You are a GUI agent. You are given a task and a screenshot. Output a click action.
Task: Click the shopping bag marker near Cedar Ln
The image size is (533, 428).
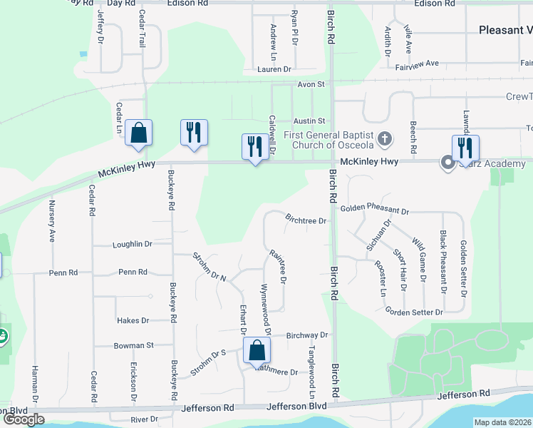tap(138, 133)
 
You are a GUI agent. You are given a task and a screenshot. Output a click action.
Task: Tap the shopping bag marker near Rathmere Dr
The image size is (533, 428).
tap(256, 351)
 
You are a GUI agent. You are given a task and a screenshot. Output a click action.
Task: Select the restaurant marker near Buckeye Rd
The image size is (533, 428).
tap(194, 133)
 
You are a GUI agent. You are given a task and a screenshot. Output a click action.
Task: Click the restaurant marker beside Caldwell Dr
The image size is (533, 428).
tap(254, 148)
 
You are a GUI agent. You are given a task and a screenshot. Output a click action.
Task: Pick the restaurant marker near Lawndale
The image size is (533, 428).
tap(465, 148)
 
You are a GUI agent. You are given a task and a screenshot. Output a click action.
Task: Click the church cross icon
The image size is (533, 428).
tap(385, 138)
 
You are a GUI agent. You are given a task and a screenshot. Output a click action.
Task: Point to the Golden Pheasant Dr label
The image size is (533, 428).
tap(374, 210)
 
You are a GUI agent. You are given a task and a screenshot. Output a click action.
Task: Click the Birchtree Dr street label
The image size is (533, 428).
tap(306, 221)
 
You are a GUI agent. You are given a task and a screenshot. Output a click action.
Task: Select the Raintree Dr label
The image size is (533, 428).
tap(278, 265)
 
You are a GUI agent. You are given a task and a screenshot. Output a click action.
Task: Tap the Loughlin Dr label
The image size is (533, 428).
tap(133, 244)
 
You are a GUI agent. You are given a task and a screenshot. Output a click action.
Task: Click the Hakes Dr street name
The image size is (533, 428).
tap(133, 321)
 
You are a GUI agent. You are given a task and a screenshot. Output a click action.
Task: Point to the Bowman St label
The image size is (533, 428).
tap(134, 345)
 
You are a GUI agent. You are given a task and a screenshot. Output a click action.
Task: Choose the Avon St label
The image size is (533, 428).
tap(311, 84)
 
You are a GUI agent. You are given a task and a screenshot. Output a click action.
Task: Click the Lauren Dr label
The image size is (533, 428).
tap(274, 69)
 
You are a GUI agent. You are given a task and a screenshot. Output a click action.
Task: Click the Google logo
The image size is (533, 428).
tap(24, 419)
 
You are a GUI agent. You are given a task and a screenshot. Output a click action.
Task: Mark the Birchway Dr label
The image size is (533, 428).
tap(306, 335)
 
